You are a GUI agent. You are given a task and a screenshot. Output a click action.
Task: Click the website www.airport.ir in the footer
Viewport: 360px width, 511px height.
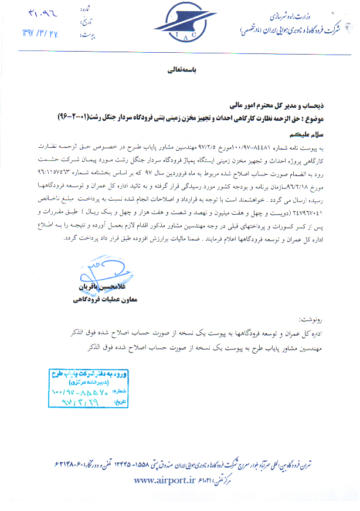(166, 480)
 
